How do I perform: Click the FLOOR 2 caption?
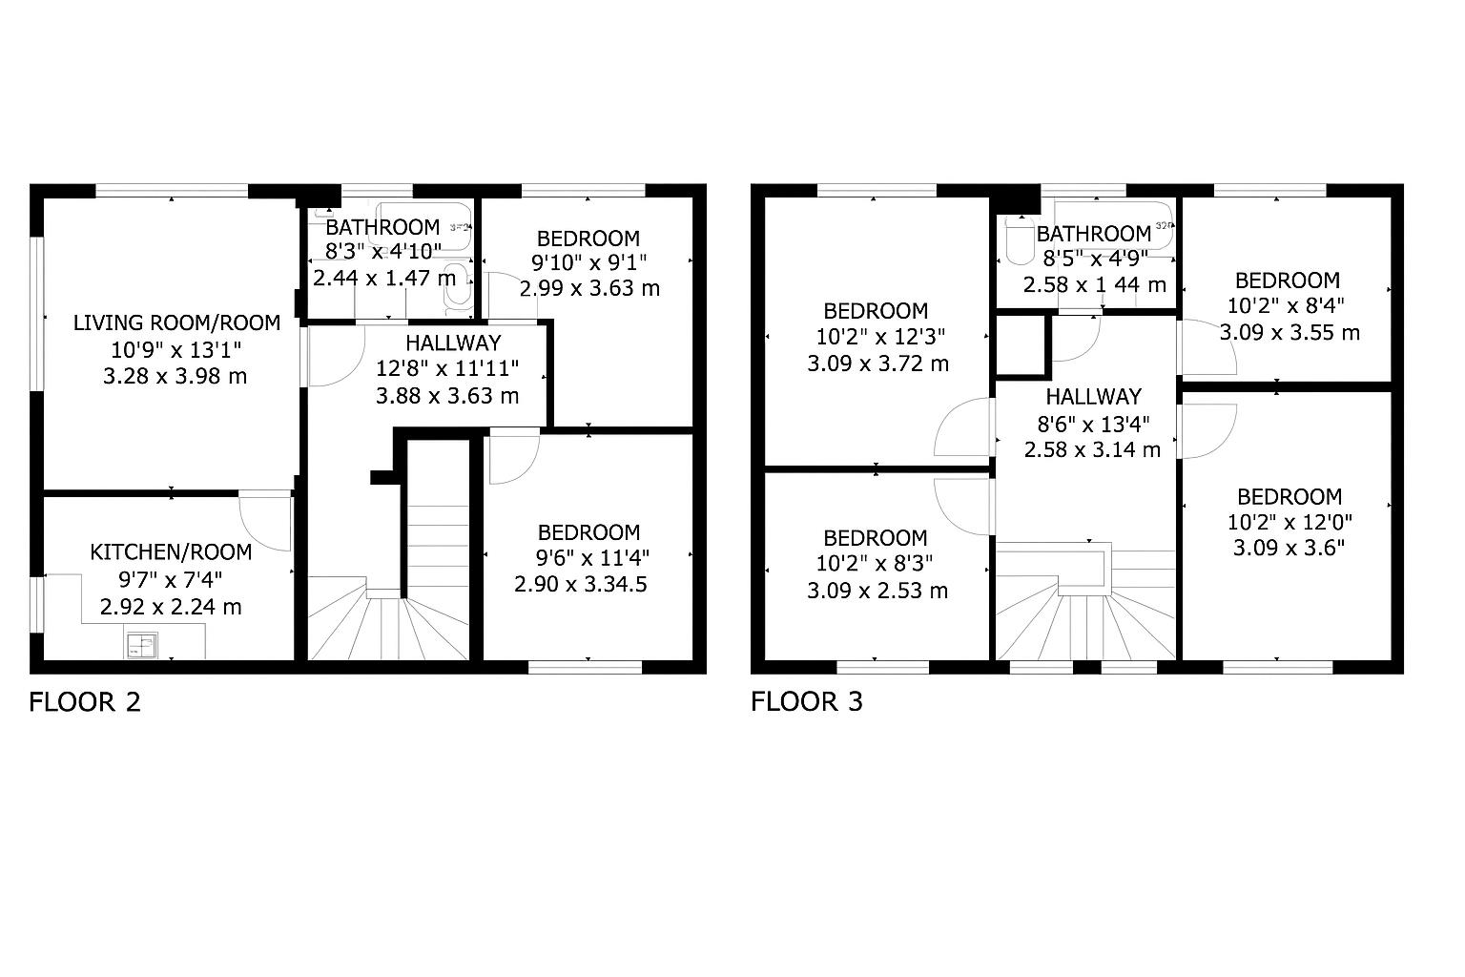(85, 702)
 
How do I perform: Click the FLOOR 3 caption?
(806, 702)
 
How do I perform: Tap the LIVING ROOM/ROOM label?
(176, 322)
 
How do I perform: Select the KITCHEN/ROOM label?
(171, 552)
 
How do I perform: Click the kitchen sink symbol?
(141, 645)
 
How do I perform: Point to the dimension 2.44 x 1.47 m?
(384, 278)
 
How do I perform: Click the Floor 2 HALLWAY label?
(453, 343)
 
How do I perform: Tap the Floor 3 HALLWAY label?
(1094, 397)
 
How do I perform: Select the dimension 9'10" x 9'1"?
(589, 263)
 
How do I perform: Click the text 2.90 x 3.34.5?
(581, 584)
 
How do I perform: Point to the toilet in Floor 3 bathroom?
(1019, 239)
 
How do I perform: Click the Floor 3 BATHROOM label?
(1094, 234)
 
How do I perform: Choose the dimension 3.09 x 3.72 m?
(877, 364)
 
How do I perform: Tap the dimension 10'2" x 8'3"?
(875, 563)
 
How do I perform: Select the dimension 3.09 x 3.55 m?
(1290, 332)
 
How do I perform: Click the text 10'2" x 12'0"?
(1290, 522)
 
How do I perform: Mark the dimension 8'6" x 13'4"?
(1094, 425)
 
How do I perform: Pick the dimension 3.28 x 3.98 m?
(175, 376)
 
